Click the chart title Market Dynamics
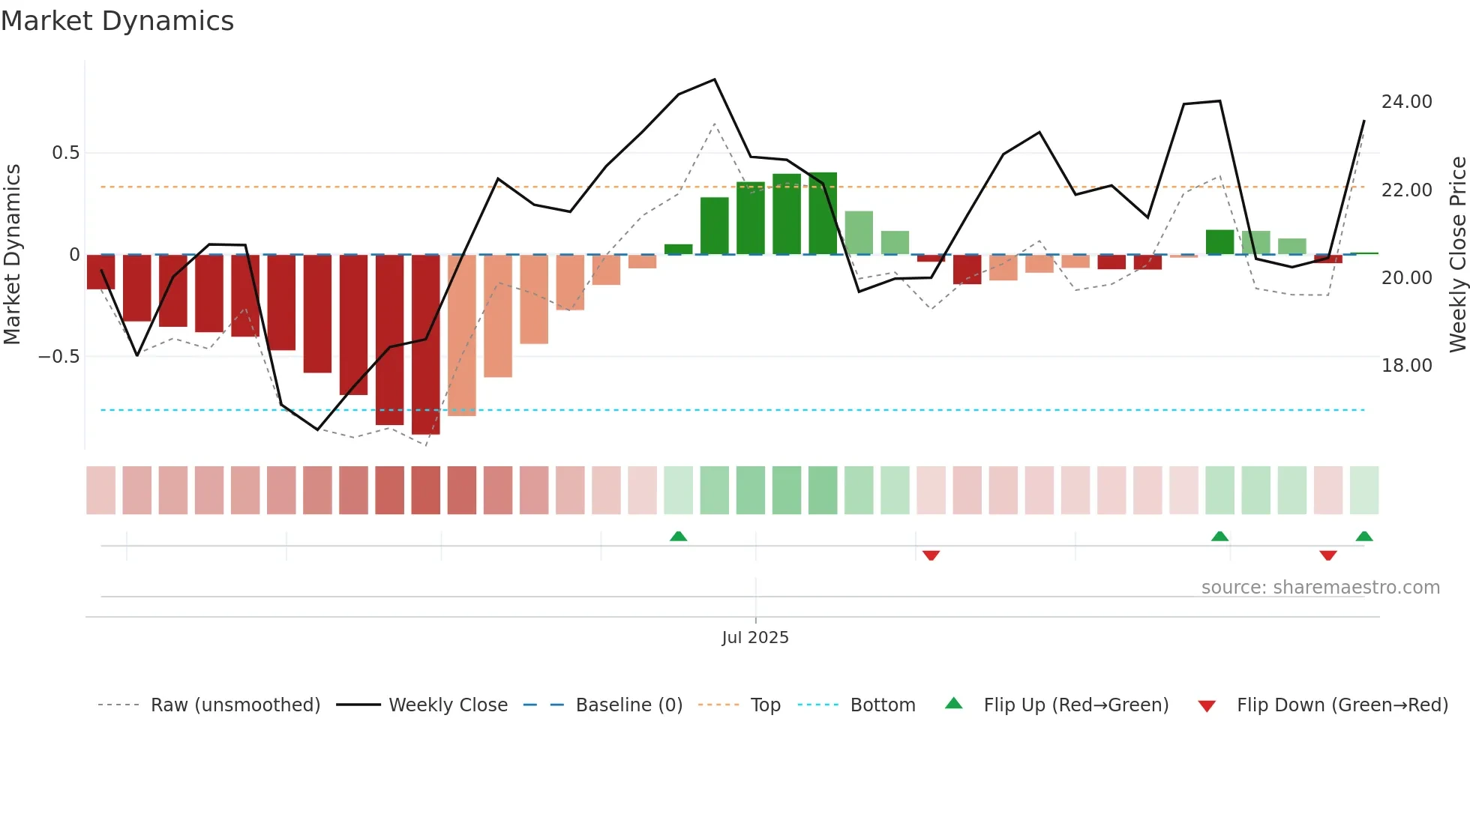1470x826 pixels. [117, 21]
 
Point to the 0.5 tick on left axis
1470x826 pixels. [65, 153]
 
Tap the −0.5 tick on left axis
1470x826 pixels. [58, 357]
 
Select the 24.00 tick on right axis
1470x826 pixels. [1406, 102]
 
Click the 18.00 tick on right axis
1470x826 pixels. [1406, 366]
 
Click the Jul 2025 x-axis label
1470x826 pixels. [754, 638]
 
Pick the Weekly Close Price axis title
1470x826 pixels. [1457, 255]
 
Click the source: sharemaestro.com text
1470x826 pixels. [1320, 588]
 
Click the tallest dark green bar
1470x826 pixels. [823, 214]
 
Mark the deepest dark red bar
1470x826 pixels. [426, 345]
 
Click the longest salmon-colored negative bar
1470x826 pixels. [462, 335]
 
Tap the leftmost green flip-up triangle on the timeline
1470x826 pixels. [678, 536]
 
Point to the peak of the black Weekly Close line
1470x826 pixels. [714, 79]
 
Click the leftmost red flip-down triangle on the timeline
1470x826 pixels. [931, 555]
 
